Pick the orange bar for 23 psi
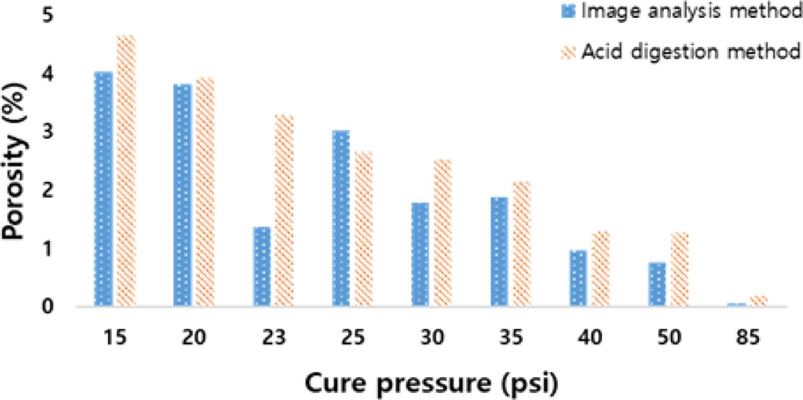pyautogui.click(x=284, y=210)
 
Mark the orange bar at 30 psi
pyautogui.click(x=442, y=232)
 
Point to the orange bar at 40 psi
pyautogui.click(x=601, y=268)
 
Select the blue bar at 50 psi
pyautogui.click(x=656, y=284)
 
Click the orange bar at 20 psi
pyautogui.click(x=205, y=192)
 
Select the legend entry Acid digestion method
pyautogui.click(x=682, y=51)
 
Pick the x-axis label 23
pyautogui.click(x=273, y=338)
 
